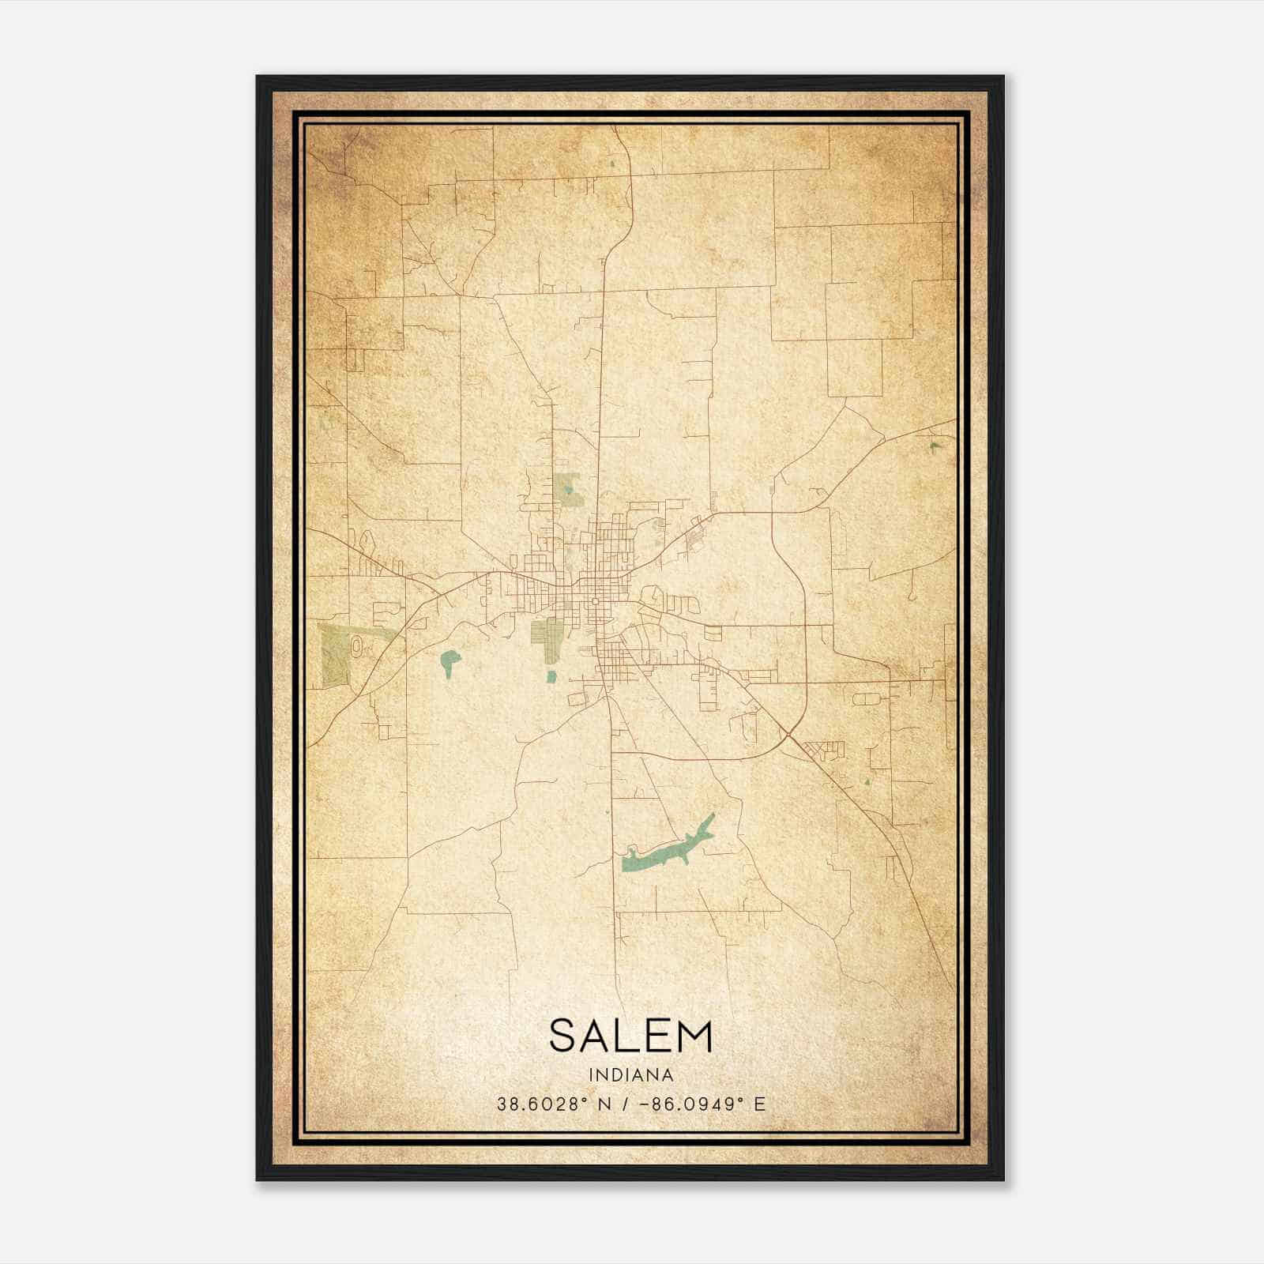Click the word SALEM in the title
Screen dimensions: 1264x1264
click(x=630, y=1036)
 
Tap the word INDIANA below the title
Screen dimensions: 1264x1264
click(x=630, y=1075)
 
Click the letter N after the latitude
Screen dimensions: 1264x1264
click(x=604, y=1104)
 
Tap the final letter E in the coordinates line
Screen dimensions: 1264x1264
click(x=760, y=1104)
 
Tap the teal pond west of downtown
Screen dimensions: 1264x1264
click(x=450, y=660)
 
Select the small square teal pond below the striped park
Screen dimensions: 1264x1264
click(x=551, y=675)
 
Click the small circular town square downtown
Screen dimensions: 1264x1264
click(x=594, y=602)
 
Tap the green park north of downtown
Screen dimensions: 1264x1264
click(x=566, y=487)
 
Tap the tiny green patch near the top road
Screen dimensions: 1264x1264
click(x=612, y=164)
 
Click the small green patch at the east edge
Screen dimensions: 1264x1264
click(x=935, y=447)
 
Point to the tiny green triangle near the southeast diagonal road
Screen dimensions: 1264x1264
click(x=867, y=783)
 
